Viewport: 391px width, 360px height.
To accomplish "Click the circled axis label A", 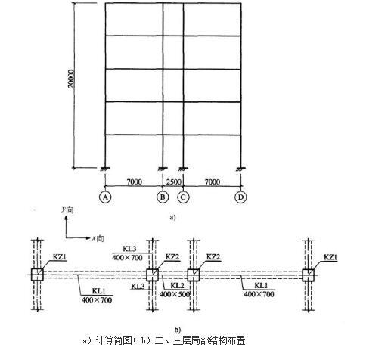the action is tap(105, 197).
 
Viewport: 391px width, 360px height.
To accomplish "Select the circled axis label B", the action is tap(163, 197).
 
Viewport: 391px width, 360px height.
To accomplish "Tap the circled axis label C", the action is tap(183, 197).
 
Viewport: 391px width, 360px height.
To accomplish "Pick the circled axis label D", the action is tap(240, 197).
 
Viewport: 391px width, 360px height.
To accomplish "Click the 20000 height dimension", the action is tap(72, 78).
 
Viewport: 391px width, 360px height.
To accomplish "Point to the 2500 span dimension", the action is tap(174, 182).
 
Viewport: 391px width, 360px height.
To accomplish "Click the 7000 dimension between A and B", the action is tap(134, 182).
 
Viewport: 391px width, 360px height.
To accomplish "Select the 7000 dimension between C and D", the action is tap(213, 182).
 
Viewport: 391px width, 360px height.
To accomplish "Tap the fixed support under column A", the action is tap(105, 169).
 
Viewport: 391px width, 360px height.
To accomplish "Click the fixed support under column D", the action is tap(241, 169).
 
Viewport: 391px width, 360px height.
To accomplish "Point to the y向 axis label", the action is tap(67, 209).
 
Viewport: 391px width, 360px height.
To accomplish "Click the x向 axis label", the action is tap(98, 238).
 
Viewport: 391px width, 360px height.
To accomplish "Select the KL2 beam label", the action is tap(177, 286).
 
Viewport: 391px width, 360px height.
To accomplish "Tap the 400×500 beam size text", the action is tap(175, 294).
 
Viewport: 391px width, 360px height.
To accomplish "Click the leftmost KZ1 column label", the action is tap(60, 257).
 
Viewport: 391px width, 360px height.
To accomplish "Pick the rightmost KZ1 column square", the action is tap(308, 275).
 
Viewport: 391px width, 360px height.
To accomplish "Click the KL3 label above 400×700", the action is tap(129, 249).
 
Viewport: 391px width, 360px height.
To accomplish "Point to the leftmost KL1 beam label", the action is tap(98, 291).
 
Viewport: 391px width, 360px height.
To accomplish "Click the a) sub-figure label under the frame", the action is tap(172, 217).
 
